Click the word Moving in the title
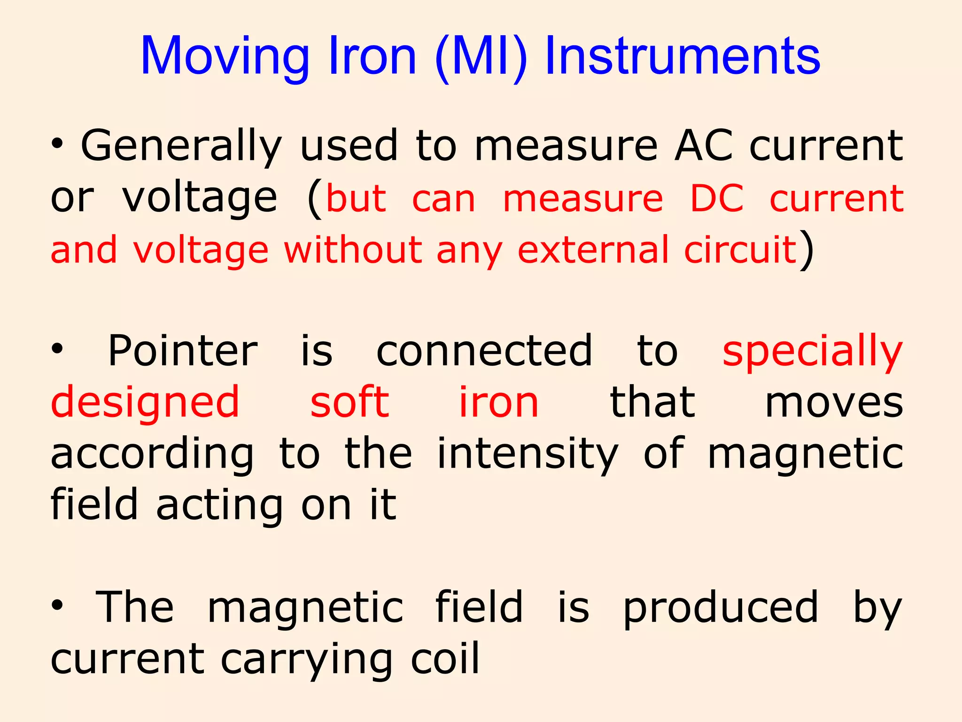click(225, 56)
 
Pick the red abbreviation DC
click(717, 198)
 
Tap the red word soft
click(349, 402)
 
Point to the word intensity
click(528, 454)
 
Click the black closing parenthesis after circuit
click(807, 249)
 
